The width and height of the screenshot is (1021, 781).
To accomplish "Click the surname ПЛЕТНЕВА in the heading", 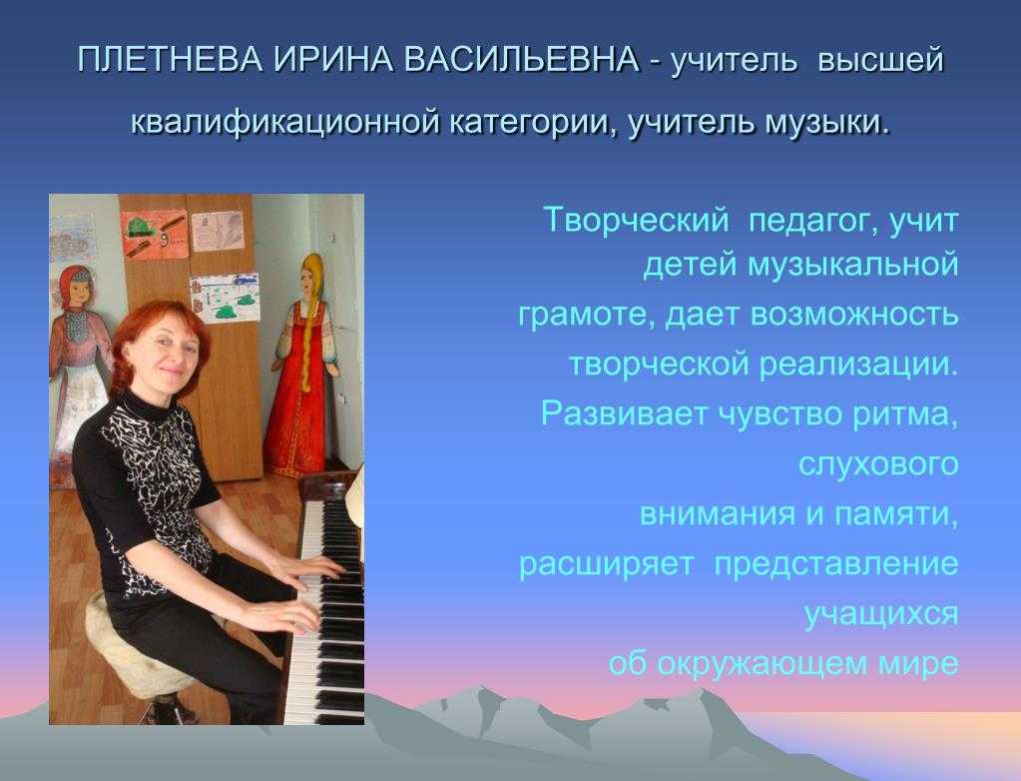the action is click(170, 60).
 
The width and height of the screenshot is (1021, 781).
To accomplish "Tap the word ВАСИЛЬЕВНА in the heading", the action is click(521, 60).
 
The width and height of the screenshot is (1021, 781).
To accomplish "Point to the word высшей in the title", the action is click(880, 60).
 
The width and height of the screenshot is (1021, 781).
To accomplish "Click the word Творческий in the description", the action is click(636, 220).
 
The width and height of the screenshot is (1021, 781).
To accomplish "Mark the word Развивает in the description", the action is click(624, 413).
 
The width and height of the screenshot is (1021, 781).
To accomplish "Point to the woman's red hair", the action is click(150, 339).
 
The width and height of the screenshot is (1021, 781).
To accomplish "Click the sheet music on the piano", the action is click(355, 495).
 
